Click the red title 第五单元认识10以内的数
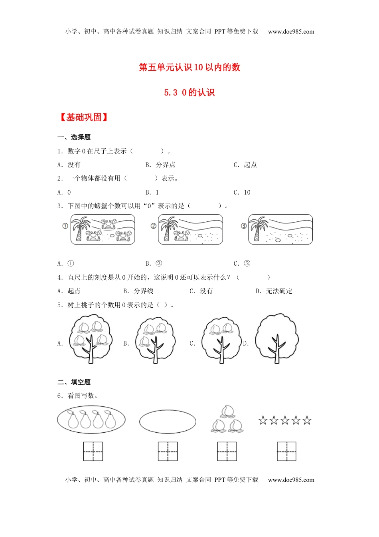click(x=189, y=67)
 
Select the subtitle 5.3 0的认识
click(x=189, y=92)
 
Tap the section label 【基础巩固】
click(x=83, y=117)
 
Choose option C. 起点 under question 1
click(x=245, y=165)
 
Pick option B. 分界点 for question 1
click(x=160, y=165)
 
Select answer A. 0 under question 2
click(x=64, y=192)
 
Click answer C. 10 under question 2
click(x=242, y=192)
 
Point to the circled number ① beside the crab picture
click(x=65, y=226)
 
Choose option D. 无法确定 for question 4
click(x=274, y=291)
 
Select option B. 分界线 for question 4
click(x=138, y=291)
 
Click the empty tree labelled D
click(x=277, y=338)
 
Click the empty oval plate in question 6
click(x=168, y=422)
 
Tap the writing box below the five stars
click(x=286, y=451)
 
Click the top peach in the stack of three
click(x=227, y=412)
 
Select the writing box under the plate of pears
click(x=93, y=451)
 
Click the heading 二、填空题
click(x=74, y=382)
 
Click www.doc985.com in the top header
click(x=291, y=32)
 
